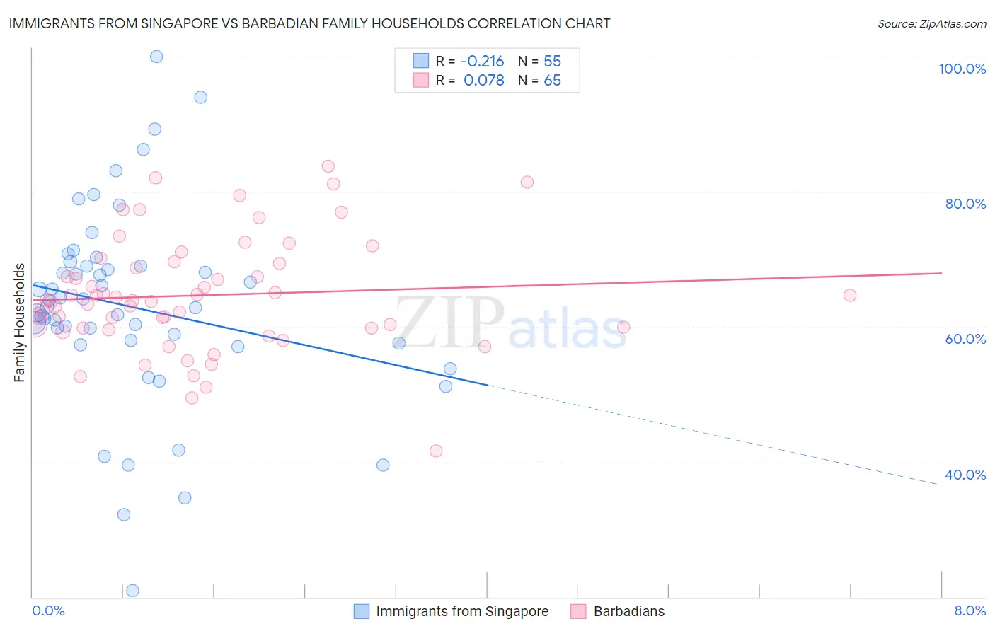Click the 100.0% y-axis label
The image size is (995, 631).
coord(962,69)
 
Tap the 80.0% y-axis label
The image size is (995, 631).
coord(965,204)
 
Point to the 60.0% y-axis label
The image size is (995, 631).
coord(965,339)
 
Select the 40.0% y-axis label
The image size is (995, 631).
coord(965,475)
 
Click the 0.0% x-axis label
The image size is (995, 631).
coord(48,610)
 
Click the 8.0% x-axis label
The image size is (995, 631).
coord(970,610)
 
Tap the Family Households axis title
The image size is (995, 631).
coord(20,323)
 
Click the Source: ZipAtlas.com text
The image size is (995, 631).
coord(931,24)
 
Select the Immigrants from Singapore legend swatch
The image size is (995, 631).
coord(362,611)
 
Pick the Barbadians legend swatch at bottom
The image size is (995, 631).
coord(578,611)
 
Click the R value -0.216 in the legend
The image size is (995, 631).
coord(483,62)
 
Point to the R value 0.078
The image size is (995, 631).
coord(484,81)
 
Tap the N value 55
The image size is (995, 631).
coord(552,62)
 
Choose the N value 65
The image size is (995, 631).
coord(552,81)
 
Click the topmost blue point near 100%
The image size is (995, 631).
coord(156,57)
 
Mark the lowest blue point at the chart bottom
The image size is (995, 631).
coord(132,591)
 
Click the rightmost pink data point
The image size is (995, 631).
coord(850,295)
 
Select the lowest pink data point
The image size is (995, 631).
coord(436,451)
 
